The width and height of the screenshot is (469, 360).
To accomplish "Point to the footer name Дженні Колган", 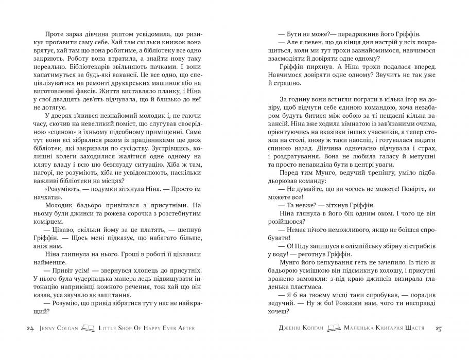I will coord(300,328).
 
